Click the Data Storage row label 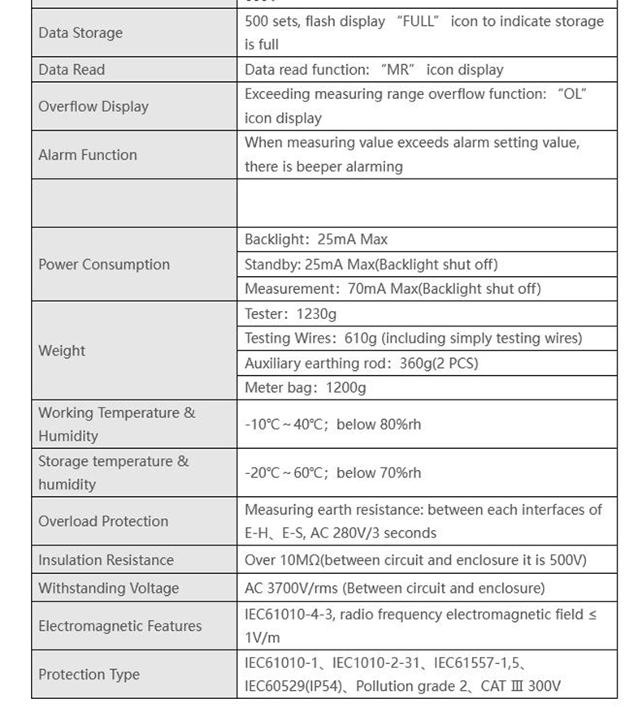pyautogui.click(x=80, y=33)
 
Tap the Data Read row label pyautogui.click(x=72, y=70)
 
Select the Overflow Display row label pyautogui.click(x=93, y=106)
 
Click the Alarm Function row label pyautogui.click(x=88, y=155)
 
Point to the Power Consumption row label pyautogui.click(x=104, y=265)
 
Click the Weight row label pyautogui.click(x=62, y=351)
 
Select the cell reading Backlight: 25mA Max pyautogui.click(x=316, y=240)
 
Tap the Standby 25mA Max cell pyautogui.click(x=371, y=265)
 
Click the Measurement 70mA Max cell pyautogui.click(x=393, y=289)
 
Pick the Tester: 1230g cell pyautogui.click(x=290, y=314)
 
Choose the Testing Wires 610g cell pyautogui.click(x=413, y=339)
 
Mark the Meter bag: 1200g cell pyautogui.click(x=305, y=388)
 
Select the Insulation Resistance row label pyautogui.click(x=106, y=560)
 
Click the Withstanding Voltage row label pyautogui.click(x=108, y=589)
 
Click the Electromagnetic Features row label pyautogui.click(x=119, y=627)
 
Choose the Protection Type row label pyautogui.click(x=89, y=675)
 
